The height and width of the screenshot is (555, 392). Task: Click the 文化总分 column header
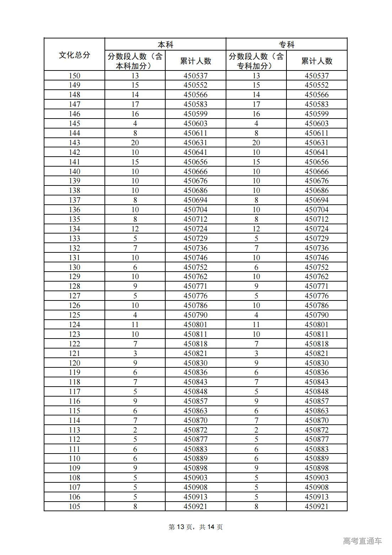tap(74, 55)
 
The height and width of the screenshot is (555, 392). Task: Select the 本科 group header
tap(165, 44)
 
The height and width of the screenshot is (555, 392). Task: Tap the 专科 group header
tap(286, 44)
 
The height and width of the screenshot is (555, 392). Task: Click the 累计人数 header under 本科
tap(195, 61)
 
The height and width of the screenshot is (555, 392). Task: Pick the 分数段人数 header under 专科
tap(256, 61)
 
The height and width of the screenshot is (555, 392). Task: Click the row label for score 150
tap(74, 75)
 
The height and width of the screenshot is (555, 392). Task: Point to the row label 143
tap(74, 143)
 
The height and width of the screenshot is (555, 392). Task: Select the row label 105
tap(74, 506)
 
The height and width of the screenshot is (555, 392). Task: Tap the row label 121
tap(74, 353)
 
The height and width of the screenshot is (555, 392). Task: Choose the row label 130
tap(74, 267)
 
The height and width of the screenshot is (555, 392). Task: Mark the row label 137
tap(74, 200)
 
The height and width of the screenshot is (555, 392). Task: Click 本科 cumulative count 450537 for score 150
tap(195, 75)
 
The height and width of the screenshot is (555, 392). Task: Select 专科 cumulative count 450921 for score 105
tap(317, 506)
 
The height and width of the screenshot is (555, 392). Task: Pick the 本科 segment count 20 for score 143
tap(135, 143)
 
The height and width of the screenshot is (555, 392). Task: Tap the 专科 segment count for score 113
tap(256, 430)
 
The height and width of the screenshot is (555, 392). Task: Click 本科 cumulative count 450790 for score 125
tap(195, 315)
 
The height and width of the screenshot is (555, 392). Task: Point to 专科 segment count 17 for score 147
tap(256, 104)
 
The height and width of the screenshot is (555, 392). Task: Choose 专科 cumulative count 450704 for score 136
tap(317, 210)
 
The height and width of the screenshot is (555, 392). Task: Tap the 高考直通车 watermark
tap(363, 541)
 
